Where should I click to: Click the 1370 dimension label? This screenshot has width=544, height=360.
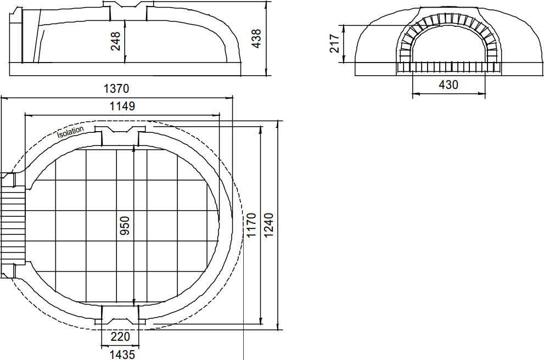pyautogui.click(x=116, y=89)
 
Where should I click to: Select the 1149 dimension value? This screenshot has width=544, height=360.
pyautogui.click(x=122, y=106)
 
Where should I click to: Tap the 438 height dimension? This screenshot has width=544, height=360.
pyautogui.click(x=256, y=38)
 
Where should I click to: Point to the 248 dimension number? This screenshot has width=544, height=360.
pyautogui.click(x=115, y=41)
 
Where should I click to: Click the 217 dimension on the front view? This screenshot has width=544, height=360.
pyautogui.click(x=334, y=43)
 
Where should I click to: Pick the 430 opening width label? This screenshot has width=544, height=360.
pyautogui.click(x=448, y=85)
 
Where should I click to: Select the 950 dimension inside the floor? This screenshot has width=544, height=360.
pyautogui.click(x=125, y=226)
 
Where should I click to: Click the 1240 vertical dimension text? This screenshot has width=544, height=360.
pyautogui.click(x=268, y=226)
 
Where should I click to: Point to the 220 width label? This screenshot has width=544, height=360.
pyautogui.click(x=120, y=336)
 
